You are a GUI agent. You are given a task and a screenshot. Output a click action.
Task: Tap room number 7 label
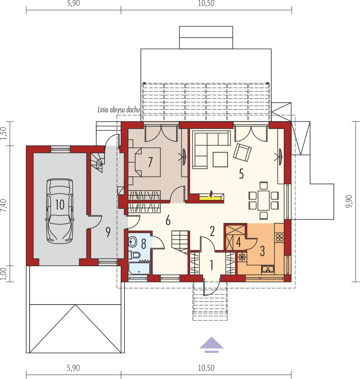tap(150, 162)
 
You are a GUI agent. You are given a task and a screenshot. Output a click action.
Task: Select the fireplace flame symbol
tap(211, 193)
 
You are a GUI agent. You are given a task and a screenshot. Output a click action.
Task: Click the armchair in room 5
tap(242, 152)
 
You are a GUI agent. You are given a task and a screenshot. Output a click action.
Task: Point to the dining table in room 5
tap(264, 201)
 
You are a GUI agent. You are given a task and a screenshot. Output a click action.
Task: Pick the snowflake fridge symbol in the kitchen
tap(242, 257)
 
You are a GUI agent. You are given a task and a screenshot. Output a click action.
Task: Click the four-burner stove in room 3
tap(279, 237)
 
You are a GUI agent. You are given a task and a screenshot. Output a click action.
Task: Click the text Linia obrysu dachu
tap(118, 110)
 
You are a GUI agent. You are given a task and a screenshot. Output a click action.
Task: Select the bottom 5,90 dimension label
tap(73, 368)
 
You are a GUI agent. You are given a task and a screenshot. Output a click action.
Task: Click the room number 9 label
tap(108, 233)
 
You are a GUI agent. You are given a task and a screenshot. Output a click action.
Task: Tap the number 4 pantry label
tap(238, 242)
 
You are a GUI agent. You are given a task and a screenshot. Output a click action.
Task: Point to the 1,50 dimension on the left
tap(4, 134)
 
